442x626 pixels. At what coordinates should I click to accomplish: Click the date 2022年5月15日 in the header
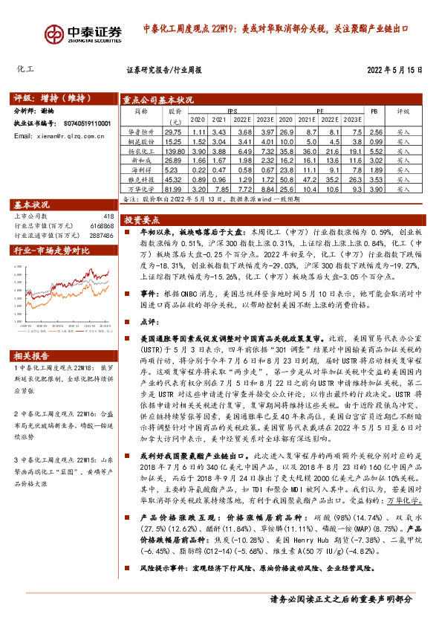pyautogui.click(x=394, y=70)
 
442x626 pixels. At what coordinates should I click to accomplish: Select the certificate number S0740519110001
pyautogui.click(x=82, y=123)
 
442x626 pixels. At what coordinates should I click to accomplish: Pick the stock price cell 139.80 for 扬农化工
pyautogui.click(x=173, y=150)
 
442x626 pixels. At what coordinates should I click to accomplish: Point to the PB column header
pyautogui.click(x=374, y=110)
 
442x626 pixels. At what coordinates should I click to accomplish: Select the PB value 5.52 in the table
pyautogui.click(x=375, y=150)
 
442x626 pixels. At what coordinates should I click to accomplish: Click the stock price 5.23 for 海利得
pyautogui.click(x=173, y=170)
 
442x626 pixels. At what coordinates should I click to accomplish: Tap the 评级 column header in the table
pyautogui.click(x=403, y=110)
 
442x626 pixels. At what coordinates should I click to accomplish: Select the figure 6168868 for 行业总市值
pyautogui.click(x=102, y=225)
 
